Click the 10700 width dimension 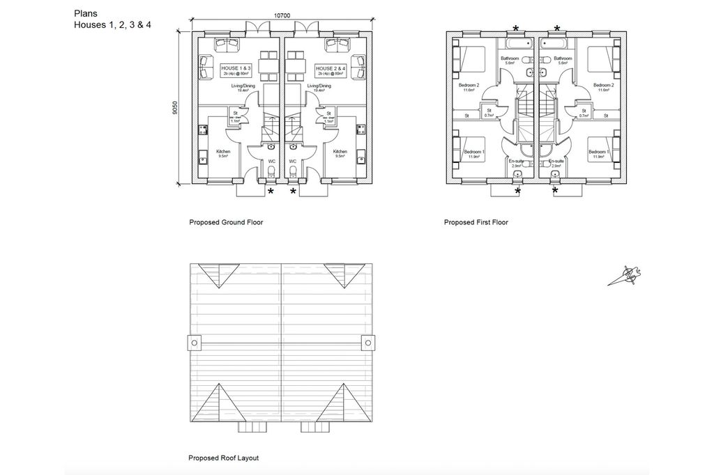(282, 15)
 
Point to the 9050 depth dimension (175, 108)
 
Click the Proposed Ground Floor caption (226, 223)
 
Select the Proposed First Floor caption (476, 223)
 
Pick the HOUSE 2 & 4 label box (328, 70)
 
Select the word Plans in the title (85, 13)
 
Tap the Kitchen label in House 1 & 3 (223, 152)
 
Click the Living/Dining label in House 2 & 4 (321, 87)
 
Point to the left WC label (272, 161)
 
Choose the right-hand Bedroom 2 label (604, 86)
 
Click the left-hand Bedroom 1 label (475, 152)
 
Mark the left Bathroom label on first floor (509, 59)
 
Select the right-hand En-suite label (556, 162)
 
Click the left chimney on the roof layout (194, 343)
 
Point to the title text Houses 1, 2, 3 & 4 (112, 25)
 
